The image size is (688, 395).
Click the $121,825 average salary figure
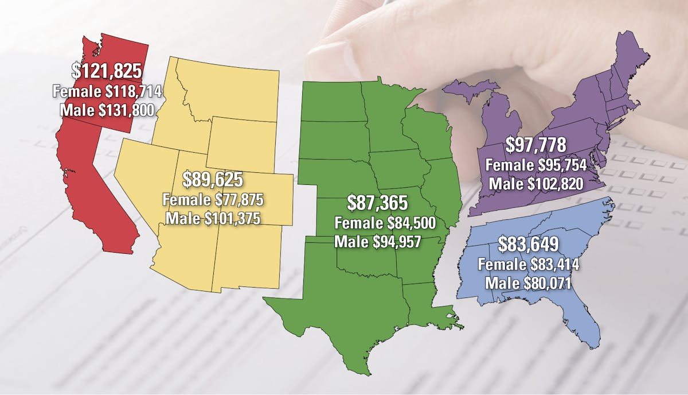pyautogui.click(x=107, y=71)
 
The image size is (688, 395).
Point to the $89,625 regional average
pyautogui.click(x=213, y=181)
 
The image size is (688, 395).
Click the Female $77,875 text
pyautogui.click(x=213, y=200)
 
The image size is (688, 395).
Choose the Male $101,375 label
pyautogui.click(x=213, y=219)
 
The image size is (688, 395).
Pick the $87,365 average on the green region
pyautogui.click(x=378, y=203)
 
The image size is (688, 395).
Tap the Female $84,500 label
pyautogui.click(x=378, y=222)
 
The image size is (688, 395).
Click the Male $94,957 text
pyautogui.click(x=378, y=241)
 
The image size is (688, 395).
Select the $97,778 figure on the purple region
pyautogui.click(x=535, y=145)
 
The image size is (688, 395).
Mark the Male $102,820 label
pyautogui.click(x=535, y=184)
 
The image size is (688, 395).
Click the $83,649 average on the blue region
pyautogui.click(x=527, y=245)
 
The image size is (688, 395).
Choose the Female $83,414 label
pyautogui.click(x=527, y=265)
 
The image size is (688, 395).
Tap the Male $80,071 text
pyautogui.click(x=527, y=283)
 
